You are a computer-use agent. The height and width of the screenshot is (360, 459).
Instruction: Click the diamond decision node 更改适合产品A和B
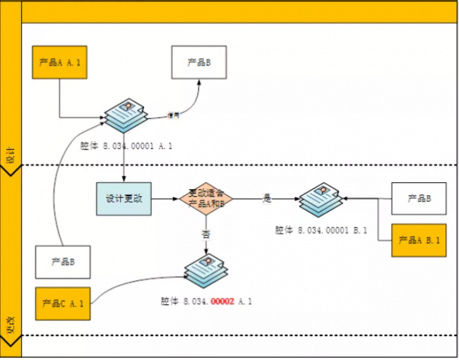point(205,198)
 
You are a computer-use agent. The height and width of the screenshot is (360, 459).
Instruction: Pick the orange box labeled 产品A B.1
point(419,240)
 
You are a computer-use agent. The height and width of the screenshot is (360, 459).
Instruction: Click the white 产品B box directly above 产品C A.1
point(63,262)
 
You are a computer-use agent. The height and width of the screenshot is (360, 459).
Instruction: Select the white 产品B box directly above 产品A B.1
point(419,198)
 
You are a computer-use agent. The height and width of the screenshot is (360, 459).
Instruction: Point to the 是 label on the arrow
point(267,198)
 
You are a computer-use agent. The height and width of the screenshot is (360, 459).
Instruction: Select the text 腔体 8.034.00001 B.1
point(321,230)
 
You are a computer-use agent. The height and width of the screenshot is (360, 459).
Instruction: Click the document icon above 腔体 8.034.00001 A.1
point(125,115)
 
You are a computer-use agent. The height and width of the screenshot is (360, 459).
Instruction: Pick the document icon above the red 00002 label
point(205,271)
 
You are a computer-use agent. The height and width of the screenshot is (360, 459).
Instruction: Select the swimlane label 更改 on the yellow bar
point(11,325)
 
